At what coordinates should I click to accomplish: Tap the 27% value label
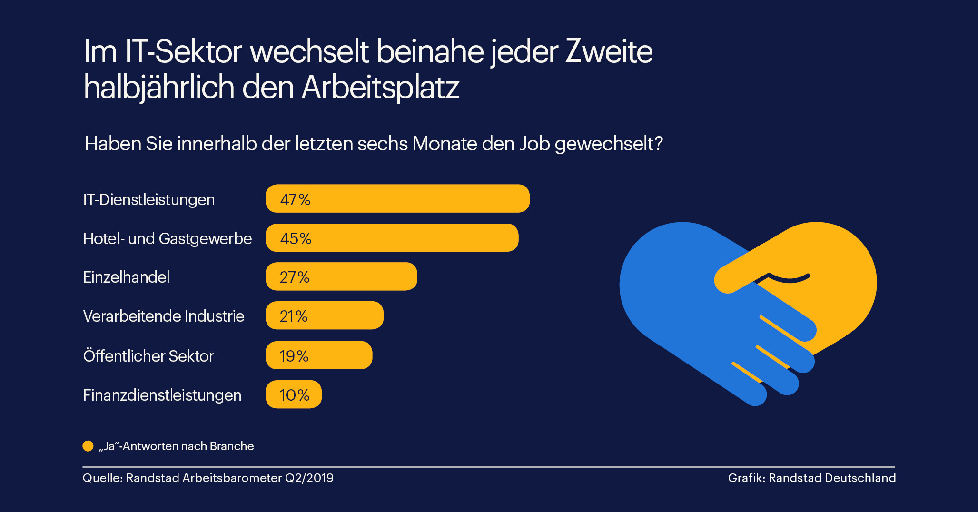point(295,277)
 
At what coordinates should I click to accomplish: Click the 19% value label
point(294,356)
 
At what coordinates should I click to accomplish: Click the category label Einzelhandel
point(126,277)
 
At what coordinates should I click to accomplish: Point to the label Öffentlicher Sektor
point(148,356)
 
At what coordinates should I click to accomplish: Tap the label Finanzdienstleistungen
point(162,395)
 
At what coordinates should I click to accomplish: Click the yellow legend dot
point(88,446)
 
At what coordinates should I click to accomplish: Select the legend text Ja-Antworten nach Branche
point(177,446)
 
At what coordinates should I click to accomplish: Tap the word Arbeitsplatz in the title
point(380,88)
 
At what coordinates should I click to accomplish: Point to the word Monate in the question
point(445,144)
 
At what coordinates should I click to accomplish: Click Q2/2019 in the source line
point(309,478)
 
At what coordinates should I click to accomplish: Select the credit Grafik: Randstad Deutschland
point(811,478)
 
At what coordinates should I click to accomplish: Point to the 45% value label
point(296,238)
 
